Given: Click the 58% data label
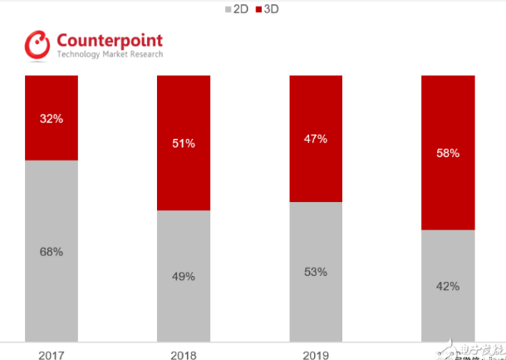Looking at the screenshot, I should point(448,153).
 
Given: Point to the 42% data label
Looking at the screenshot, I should point(448,286).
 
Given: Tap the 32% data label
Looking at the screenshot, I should point(52,118).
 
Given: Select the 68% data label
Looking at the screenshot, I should point(52,251).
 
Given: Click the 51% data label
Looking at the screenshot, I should point(184,143).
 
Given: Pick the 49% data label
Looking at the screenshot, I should point(184,276).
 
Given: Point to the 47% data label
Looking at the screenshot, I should point(316,139).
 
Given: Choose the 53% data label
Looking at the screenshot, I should point(316,272).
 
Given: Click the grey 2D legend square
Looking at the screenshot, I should point(228,9).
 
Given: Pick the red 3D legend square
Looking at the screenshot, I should point(258,9).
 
